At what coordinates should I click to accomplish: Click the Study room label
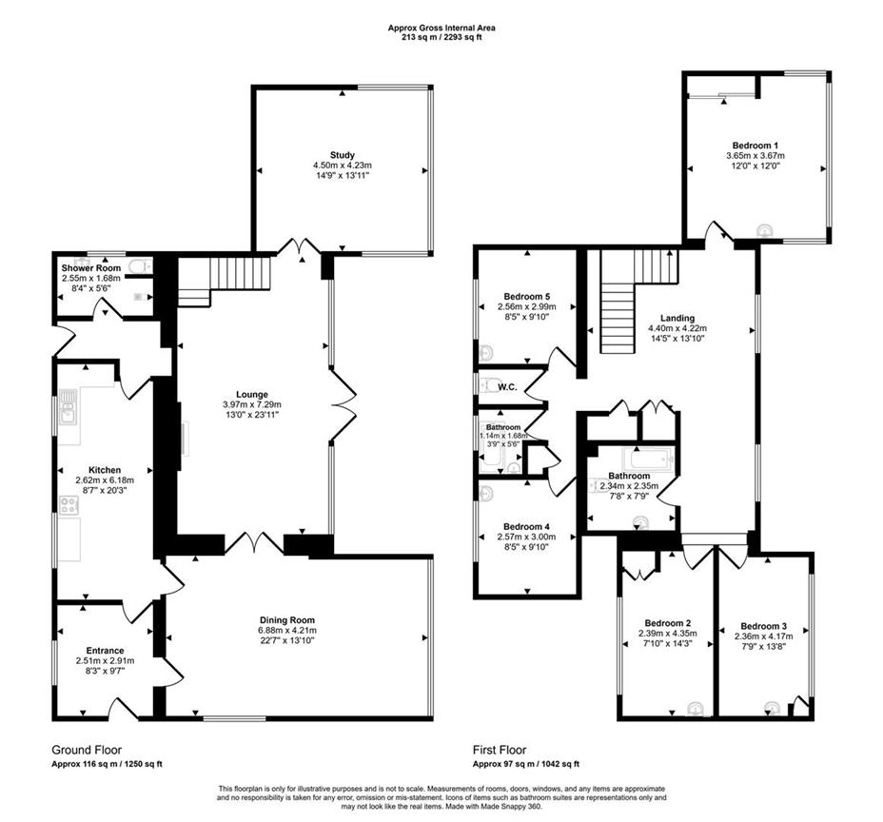click(342, 155)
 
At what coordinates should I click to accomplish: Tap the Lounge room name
click(252, 394)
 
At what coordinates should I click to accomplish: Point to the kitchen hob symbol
click(69, 506)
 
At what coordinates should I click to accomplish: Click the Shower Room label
click(85, 268)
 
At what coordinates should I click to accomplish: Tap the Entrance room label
click(106, 651)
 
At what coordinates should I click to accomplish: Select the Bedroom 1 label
click(755, 145)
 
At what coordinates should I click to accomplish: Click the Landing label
click(677, 319)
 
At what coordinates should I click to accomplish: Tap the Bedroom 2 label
click(664, 623)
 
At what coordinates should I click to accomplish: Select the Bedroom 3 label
click(764, 627)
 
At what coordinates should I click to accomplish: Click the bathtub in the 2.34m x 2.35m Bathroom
click(649, 460)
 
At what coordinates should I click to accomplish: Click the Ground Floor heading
click(87, 750)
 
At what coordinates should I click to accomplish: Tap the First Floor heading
click(500, 750)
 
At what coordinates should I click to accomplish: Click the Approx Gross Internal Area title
click(441, 28)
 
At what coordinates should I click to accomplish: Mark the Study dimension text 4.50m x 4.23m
click(342, 166)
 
